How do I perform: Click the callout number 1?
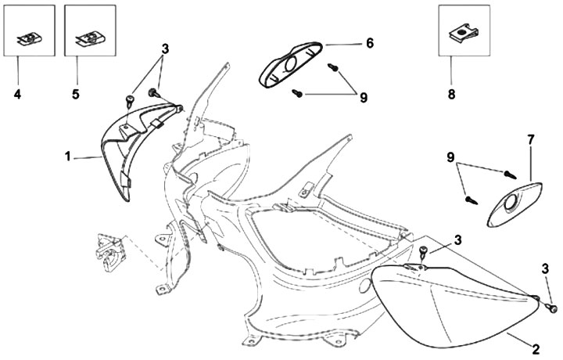[70, 157]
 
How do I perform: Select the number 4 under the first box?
[18, 95]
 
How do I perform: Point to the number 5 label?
[75, 95]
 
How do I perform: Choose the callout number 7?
[531, 140]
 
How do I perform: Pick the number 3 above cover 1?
[165, 48]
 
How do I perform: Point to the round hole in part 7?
[510, 205]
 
